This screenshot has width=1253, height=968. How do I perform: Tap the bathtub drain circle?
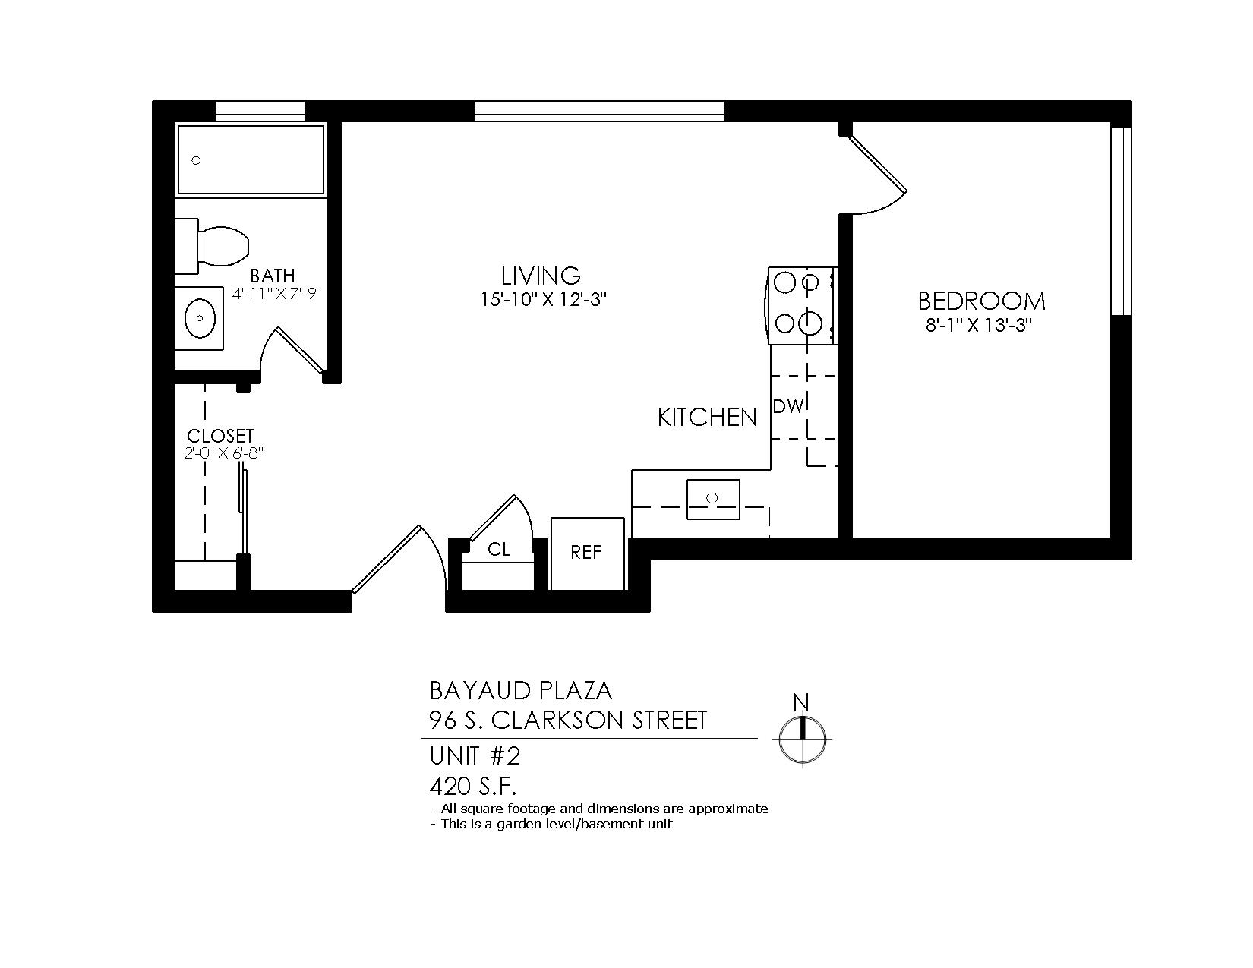pos(196,160)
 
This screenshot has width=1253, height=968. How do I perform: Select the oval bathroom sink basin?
pos(200,317)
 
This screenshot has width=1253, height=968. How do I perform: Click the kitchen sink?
pos(713,500)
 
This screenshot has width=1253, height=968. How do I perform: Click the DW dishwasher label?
pos(787,406)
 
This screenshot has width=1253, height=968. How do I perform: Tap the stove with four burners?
pos(803,305)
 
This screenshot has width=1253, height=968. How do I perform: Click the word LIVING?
pos(540,276)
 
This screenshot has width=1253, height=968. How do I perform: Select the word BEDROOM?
pos(981,301)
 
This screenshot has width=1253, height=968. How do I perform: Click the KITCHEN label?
pos(707,418)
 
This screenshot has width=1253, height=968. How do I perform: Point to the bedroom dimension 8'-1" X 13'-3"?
pos(978,326)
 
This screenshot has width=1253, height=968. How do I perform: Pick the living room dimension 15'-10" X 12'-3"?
pos(544,300)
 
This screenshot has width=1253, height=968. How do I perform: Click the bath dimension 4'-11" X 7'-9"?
pos(276,294)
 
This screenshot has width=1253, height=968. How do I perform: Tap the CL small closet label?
pos(499,550)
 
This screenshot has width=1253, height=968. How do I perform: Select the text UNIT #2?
pos(475,756)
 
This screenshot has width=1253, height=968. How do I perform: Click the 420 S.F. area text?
pos(473,787)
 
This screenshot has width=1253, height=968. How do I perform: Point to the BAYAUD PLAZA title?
pos(521,691)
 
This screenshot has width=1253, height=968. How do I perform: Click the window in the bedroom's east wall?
pos(1121,221)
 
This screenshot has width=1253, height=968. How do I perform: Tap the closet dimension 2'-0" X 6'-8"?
pos(224,453)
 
